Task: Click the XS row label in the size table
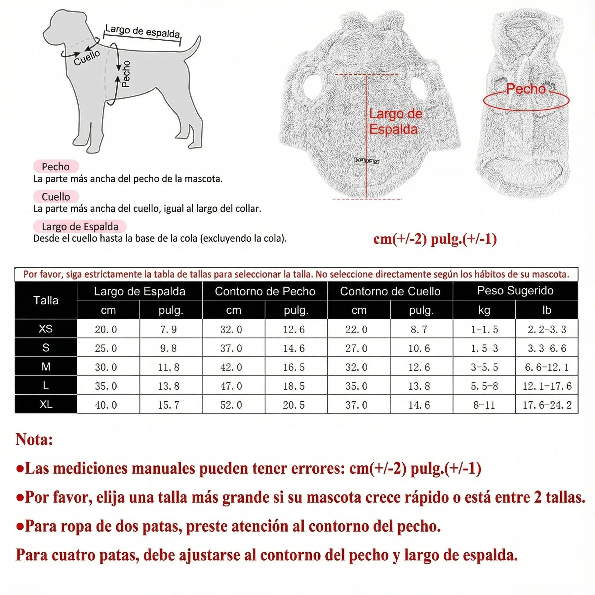click(x=46, y=329)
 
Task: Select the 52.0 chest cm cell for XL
click(x=231, y=405)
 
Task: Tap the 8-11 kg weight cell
click(x=484, y=405)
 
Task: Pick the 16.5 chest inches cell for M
click(x=294, y=367)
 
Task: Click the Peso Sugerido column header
click(x=515, y=291)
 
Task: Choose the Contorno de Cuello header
click(x=390, y=291)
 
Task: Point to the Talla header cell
click(x=46, y=300)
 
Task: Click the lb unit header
click(x=546, y=310)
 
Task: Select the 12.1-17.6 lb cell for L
click(x=547, y=386)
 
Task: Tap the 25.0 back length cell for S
click(x=106, y=348)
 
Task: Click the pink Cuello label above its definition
click(x=56, y=197)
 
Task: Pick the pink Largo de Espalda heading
click(x=80, y=226)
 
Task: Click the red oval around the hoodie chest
click(x=526, y=101)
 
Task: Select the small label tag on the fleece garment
click(x=366, y=161)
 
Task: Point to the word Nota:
click(x=34, y=439)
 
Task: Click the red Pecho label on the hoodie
click(x=526, y=89)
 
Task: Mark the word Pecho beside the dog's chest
click(x=126, y=74)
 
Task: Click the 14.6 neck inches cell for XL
click(x=419, y=405)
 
